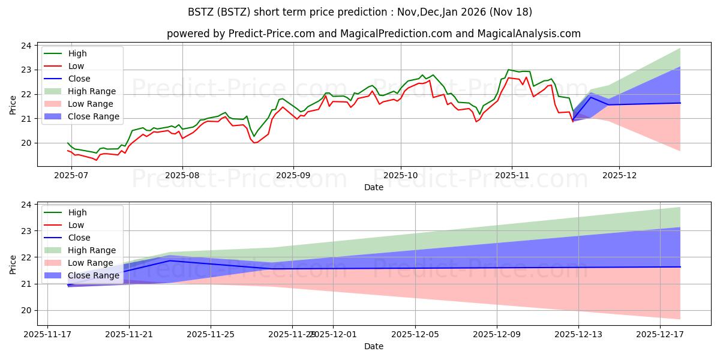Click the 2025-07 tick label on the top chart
click(x=71, y=175)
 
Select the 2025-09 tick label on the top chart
click(x=293, y=175)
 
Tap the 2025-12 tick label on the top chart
click(x=619, y=175)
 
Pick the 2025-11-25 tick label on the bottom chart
click(x=211, y=334)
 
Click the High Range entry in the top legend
click(x=92, y=91)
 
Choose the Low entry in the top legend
click(x=76, y=66)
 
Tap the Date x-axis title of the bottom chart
click(x=373, y=346)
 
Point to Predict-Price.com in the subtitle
click(x=271, y=34)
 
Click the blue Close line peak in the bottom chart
click(x=170, y=260)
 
